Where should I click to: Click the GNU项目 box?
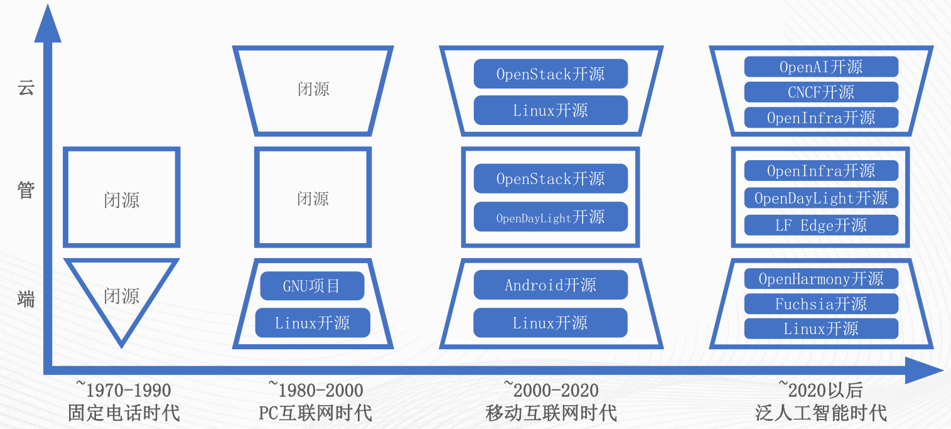tap(312, 286)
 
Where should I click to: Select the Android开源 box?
tap(551, 285)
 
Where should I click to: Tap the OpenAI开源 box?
tap(821, 67)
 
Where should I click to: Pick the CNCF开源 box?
tap(821, 92)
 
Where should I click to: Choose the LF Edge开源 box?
tap(821, 225)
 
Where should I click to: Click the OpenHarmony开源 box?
tap(821, 279)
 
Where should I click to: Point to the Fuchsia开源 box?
tap(821, 304)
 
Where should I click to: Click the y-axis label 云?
tap(26, 88)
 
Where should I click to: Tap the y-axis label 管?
tap(26, 190)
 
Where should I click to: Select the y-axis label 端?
tap(26, 300)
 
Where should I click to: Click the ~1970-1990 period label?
tap(124, 389)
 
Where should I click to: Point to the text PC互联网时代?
tap(316, 413)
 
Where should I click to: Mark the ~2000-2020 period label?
tap(551, 389)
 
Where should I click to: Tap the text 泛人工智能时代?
tap(821, 413)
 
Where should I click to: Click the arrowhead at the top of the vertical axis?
tap(48, 23)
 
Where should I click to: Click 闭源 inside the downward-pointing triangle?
tap(122, 296)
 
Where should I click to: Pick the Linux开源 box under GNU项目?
tap(313, 323)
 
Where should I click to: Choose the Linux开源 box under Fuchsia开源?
tap(821, 329)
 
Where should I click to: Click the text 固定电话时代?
tap(124, 413)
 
